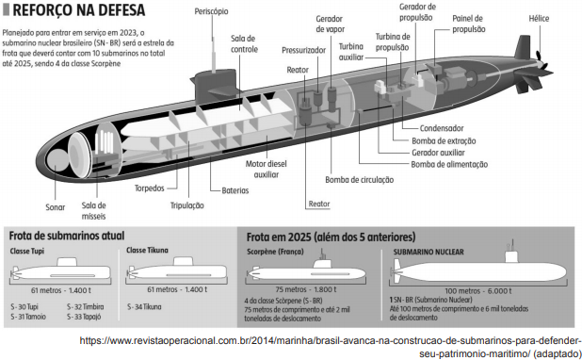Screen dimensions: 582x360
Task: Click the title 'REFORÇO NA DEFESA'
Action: pos(79,10)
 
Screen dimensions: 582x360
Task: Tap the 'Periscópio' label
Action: pos(211,11)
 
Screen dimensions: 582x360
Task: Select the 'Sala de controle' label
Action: pos(244,44)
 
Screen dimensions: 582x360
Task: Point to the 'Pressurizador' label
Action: pos(303,50)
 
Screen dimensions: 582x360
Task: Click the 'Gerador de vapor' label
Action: pos(330,24)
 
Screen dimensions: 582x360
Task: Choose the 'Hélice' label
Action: pos(539,18)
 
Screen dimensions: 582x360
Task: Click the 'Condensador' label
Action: pos(442,128)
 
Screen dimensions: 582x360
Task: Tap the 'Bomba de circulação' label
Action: pos(360,180)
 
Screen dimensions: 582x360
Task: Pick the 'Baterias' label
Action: pos(235,190)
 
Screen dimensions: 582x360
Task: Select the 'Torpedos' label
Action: pos(149,188)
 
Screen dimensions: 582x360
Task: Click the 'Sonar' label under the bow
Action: pos(56,207)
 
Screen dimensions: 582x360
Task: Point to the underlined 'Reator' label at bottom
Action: pos(319,204)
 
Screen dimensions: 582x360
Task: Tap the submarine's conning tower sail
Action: pos(214,85)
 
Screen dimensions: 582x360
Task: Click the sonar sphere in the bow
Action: pos(57,159)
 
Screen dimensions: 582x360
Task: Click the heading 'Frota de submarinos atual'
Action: pos(67,236)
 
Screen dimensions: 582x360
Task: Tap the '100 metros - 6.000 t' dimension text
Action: pos(478,291)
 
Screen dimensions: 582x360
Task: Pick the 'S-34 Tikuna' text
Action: pos(144,307)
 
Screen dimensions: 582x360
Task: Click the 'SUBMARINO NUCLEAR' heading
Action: pos(428,252)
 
